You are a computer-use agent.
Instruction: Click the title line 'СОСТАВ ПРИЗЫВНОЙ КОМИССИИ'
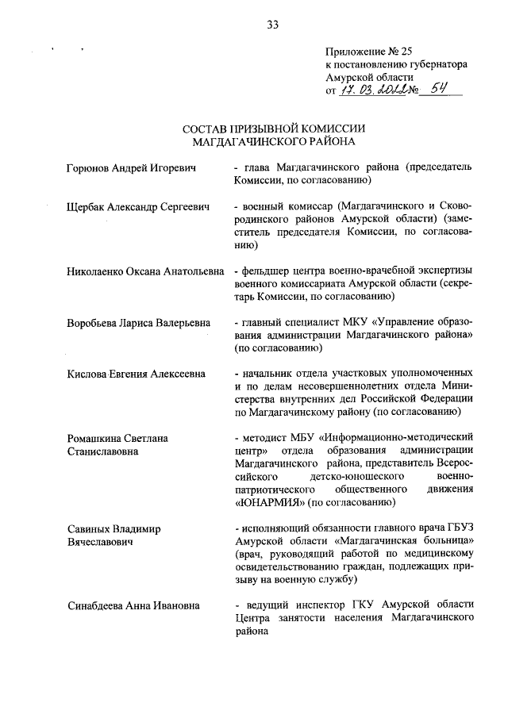(273, 129)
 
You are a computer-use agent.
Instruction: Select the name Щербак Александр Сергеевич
(138, 207)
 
